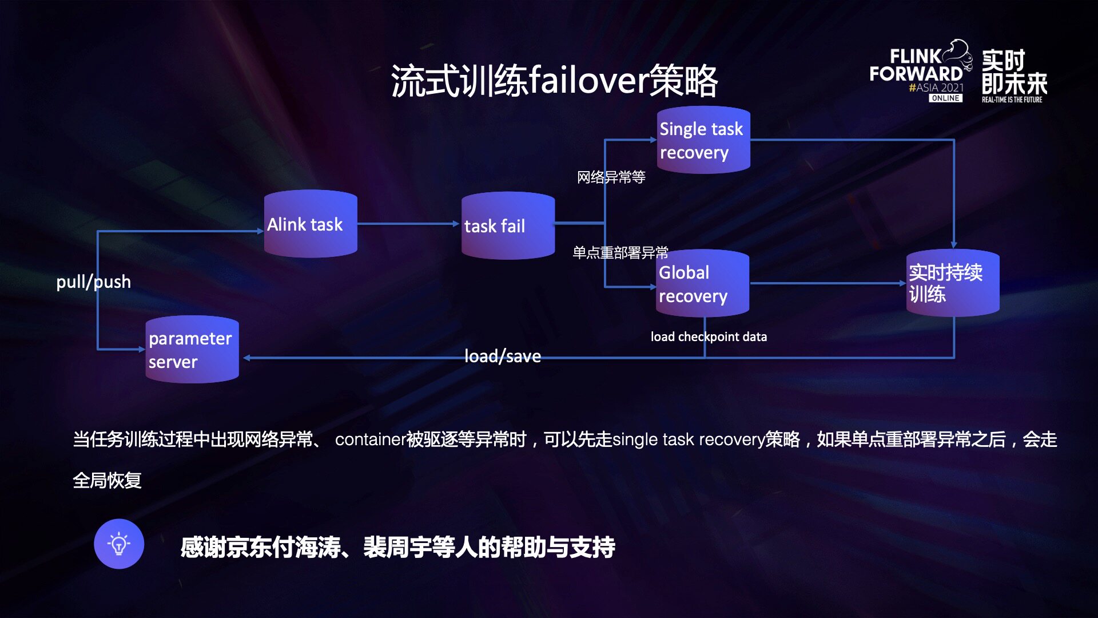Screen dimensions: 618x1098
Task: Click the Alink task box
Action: [311, 224]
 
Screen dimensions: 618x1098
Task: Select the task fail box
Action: [508, 225]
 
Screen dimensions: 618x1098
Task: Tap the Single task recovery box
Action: [703, 140]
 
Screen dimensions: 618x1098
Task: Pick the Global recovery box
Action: [702, 283]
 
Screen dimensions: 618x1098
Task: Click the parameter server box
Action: [192, 349]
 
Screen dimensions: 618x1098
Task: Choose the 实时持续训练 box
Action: [953, 283]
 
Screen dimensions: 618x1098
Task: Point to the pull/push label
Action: [93, 282]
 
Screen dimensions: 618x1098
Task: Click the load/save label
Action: [502, 356]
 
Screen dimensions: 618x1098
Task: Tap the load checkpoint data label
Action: [709, 336]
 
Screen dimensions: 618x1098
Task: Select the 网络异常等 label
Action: [611, 177]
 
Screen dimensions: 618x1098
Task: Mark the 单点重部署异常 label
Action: [620, 252]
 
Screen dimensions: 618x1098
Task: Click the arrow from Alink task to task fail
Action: [408, 224]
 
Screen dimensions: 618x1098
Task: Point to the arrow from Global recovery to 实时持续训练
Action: [827, 283]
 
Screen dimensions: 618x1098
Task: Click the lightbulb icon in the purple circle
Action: [119, 544]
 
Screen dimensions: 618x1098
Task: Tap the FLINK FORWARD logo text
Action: [916, 65]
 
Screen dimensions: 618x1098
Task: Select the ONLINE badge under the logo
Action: [945, 98]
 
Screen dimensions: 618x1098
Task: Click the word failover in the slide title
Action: [589, 80]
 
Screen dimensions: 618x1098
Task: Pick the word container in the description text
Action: [370, 439]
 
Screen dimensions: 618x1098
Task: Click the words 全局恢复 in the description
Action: [107, 480]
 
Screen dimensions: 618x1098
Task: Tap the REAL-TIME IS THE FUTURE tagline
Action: [1012, 100]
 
